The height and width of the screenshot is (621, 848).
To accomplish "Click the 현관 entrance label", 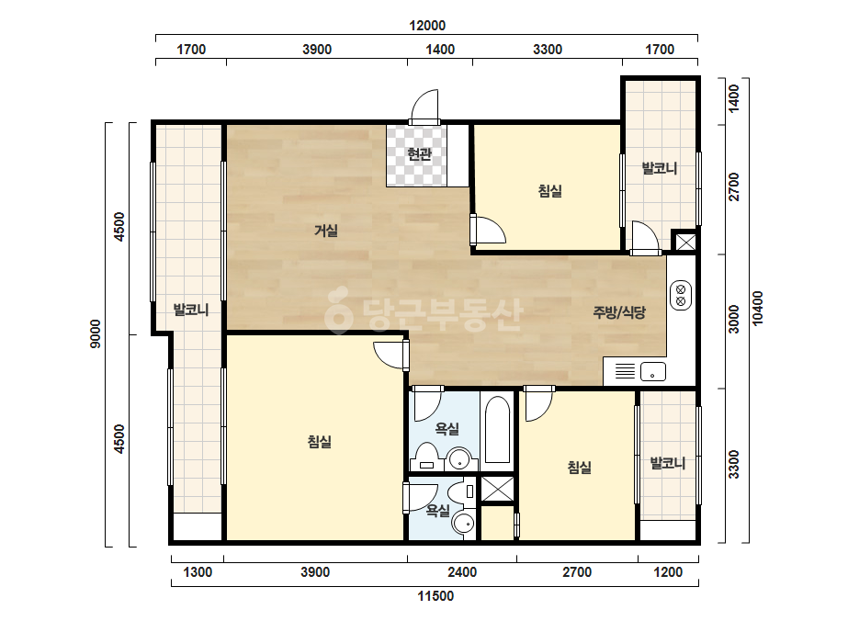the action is click(x=419, y=154).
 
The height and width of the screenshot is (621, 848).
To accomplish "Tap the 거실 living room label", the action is click(x=326, y=231).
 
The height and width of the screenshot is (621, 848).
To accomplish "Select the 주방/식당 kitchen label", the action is click(x=619, y=312).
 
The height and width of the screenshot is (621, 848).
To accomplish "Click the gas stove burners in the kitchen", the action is click(x=681, y=295).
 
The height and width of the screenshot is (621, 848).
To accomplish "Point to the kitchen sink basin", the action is click(x=652, y=372).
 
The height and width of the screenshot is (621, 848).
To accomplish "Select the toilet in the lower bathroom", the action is click(x=462, y=491).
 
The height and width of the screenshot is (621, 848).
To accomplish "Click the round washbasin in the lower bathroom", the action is click(x=463, y=524).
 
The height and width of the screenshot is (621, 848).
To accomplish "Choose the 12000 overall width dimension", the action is click(x=427, y=26).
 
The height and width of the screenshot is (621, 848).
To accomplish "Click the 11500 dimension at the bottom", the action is click(x=435, y=596).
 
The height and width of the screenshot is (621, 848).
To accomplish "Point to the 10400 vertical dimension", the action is click(x=758, y=309).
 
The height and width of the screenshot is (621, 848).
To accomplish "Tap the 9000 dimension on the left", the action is click(x=96, y=333).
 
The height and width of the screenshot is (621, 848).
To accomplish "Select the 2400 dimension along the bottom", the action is click(x=462, y=571).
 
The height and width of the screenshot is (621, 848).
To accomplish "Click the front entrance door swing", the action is click(x=424, y=107).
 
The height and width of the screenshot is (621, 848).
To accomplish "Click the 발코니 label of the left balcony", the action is click(x=190, y=310).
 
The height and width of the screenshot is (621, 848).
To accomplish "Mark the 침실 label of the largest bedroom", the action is click(x=320, y=442).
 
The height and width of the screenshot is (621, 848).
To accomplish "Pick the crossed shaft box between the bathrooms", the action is click(x=498, y=489).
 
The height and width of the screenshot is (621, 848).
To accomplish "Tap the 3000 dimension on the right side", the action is click(x=734, y=319).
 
